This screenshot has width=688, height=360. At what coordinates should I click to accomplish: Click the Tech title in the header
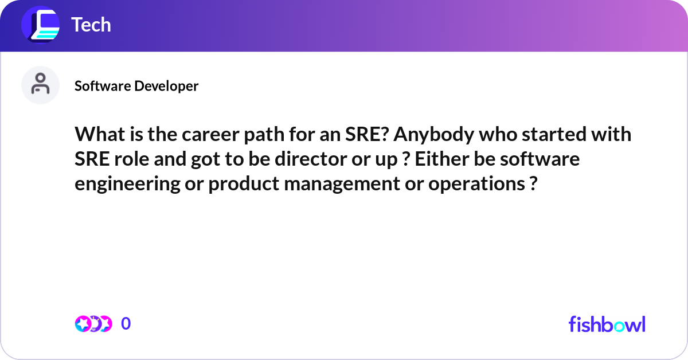[x=91, y=25]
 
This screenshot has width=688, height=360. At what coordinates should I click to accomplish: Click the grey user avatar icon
[x=40, y=85]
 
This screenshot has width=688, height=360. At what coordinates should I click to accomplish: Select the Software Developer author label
[x=136, y=86]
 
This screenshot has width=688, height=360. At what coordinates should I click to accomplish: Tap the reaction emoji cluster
[x=93, y=324]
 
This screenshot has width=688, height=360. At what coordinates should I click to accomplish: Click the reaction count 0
[x=126, y=324]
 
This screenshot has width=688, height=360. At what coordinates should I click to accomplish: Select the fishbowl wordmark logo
[x=607, y=324]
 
